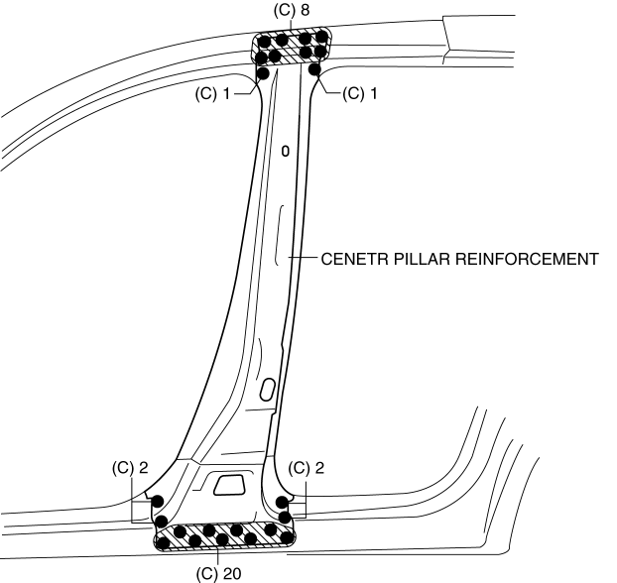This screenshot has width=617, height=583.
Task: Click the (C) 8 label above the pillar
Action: coord(292,10)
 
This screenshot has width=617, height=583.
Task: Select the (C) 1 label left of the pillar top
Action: coord(214,94)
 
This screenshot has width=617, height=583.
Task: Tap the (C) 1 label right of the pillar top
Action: coord(360,94)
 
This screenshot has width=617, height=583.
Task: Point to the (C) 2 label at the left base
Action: coord(129,468)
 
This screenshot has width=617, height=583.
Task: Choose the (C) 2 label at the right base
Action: coord(306,468)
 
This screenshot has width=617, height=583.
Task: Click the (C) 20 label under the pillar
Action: coord(219,573)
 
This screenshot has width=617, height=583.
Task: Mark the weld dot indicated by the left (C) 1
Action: coord(263,72)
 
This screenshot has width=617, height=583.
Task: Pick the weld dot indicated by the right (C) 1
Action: coord(314,70)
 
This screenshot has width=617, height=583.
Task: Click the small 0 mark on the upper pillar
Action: coord(285,152)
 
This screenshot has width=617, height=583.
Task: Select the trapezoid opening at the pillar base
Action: coord(230,484)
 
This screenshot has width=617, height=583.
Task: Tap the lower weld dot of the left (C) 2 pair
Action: coord(161,519)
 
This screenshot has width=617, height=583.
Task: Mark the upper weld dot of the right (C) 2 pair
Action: coord(284,502)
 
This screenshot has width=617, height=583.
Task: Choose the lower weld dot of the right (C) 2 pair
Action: coord(285,517)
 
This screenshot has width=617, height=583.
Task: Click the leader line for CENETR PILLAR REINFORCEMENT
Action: coord(303,260)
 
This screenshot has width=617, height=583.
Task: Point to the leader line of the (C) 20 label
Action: coord(218,556)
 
